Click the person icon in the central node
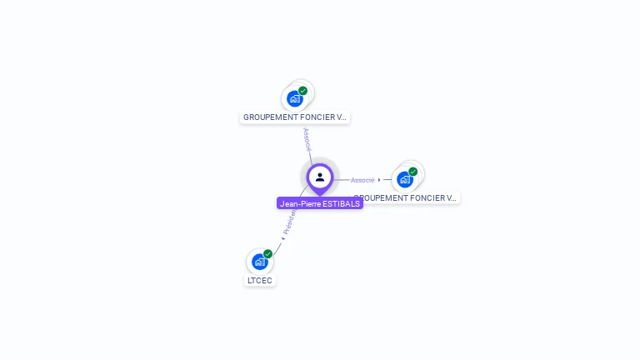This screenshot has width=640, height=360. click(320, 177)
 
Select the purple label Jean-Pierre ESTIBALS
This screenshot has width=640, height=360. click(320, 203)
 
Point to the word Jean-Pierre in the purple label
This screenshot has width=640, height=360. click(299, 203)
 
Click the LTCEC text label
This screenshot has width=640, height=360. click(260, 281)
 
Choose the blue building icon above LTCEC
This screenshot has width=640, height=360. click(259, 262)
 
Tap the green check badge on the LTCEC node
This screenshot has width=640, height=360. click(267, 253)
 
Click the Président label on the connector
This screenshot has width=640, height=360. click(288, 221)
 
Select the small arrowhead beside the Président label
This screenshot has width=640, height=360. click(282, 238)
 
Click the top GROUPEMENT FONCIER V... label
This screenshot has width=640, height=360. click(295, 117)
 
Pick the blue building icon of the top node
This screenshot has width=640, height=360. click(294, 99)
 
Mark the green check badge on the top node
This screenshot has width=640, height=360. click(302, 91)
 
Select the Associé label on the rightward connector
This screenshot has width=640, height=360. click(362, 180)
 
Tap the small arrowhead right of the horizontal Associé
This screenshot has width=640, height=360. click(379, 180)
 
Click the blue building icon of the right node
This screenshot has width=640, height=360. click(405, 179)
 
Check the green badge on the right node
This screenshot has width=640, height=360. click(413, 172)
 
